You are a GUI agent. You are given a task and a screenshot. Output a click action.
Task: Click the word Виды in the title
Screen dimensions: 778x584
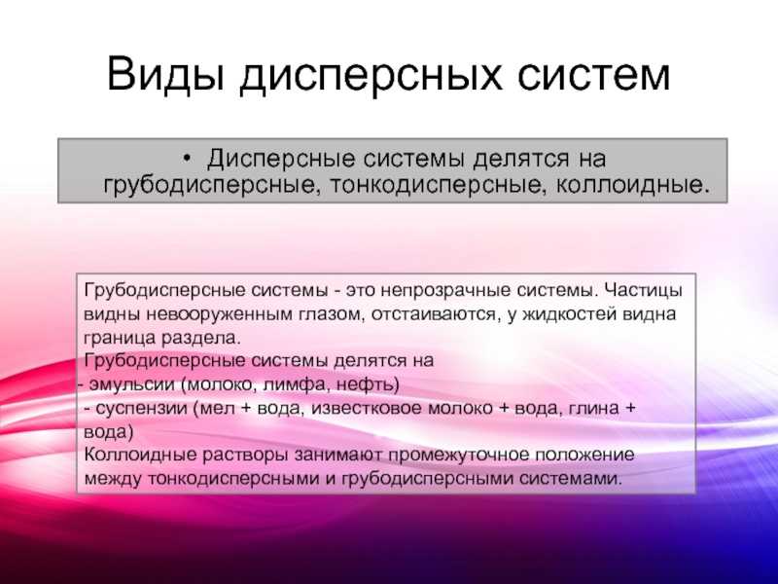click(165, 74)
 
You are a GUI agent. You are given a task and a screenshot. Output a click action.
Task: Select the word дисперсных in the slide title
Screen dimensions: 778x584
click(371, 76)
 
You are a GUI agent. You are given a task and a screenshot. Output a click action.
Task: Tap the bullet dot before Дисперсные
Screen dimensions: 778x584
click(187, 158)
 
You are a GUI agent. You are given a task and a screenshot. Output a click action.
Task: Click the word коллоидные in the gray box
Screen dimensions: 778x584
click(629, 185)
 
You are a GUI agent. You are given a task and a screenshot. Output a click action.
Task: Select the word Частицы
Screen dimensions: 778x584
click(644, 290)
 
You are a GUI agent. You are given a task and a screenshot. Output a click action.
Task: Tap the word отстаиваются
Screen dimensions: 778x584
click(434, 314)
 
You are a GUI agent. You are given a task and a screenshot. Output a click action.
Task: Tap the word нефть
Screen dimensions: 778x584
click(365, 384)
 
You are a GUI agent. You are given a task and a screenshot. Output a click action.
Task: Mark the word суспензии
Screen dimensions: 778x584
click(141, 409)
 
